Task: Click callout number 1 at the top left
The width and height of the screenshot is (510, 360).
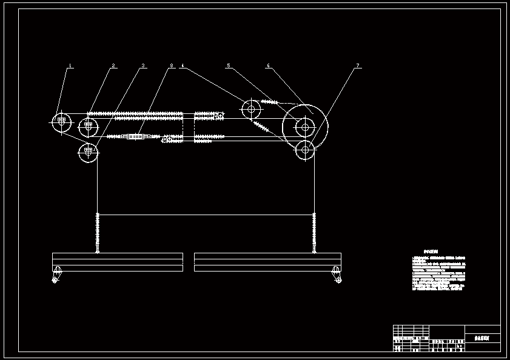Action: tap(70, 65)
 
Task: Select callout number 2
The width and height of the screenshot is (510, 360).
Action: tap(113, 65)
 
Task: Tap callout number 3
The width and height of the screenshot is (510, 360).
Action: tap(143, 65)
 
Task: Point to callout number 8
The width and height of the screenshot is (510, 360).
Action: tap(172, 65)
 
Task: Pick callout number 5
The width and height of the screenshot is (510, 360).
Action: tap(229, 65)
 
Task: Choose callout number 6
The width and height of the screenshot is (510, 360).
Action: tap(268, 65)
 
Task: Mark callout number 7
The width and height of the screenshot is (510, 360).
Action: tap(358, 65)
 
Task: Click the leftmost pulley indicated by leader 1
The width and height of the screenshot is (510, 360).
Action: tap(61, 122)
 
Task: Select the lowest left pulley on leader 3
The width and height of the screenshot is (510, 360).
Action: tap(88, 153)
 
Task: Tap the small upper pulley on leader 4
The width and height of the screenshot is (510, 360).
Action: tap(251, 110)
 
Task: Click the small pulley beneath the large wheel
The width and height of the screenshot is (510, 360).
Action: tap(305, 149)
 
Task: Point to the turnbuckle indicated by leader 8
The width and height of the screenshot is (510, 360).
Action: tap(135, 137)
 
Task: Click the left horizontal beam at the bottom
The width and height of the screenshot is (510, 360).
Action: tap(118, 262)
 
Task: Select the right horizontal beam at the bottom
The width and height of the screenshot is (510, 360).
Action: tap(267, 262)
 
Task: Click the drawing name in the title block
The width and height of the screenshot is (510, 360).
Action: tap(482, 338)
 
